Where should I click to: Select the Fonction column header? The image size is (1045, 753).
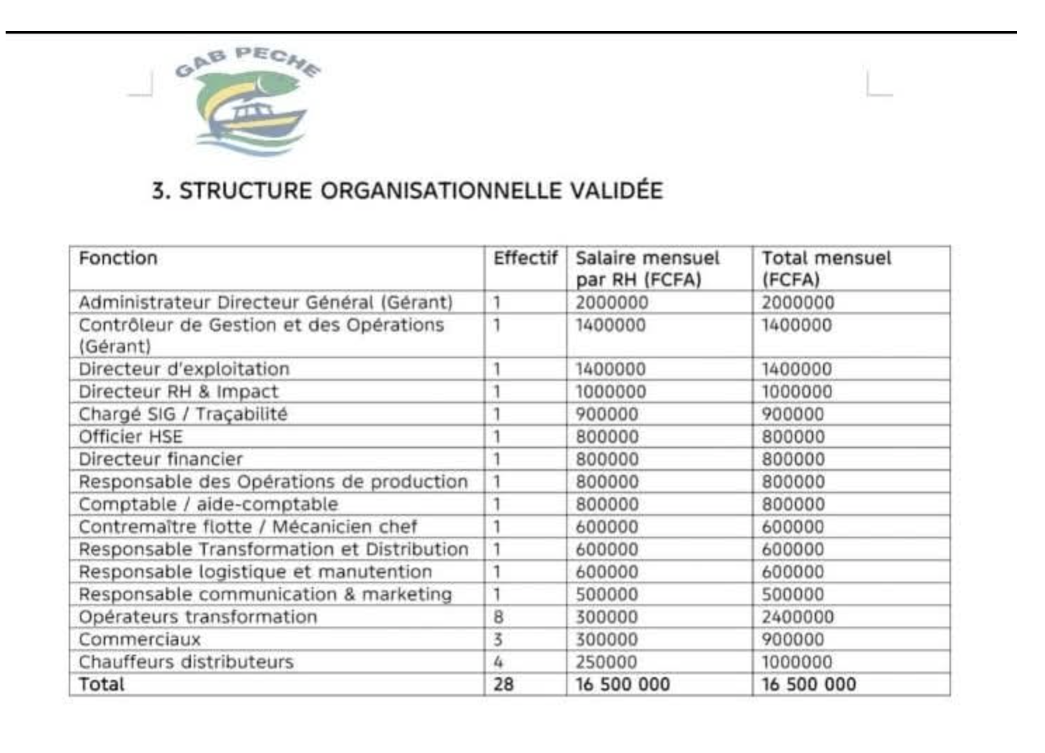[118, 258]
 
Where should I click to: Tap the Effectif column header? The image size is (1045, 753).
[525, 258]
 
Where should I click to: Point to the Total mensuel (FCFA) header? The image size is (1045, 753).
[826, 268]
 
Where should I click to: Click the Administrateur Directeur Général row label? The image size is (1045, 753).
[265, 303]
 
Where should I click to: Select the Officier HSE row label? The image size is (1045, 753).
[131, 437]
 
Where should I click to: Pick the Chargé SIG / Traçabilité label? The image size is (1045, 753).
[183, 414]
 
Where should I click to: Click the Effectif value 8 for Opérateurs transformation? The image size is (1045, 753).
[498, 617]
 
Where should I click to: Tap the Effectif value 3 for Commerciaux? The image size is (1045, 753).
[498, 640]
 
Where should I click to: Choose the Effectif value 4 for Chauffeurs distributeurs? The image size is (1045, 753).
[498, 662]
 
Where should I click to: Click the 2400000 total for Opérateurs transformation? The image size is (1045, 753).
[798, 617]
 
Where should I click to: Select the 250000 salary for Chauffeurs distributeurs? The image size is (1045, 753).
[606, 662]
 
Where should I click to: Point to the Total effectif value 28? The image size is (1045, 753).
[503, 685]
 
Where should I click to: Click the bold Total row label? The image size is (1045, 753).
[101, 685]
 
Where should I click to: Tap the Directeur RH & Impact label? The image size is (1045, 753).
[178, 392]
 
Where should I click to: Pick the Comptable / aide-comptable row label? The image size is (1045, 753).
[208, 504]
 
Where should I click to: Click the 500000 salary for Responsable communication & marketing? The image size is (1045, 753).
[607, 595]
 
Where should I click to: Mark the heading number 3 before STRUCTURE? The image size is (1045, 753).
[159, 191]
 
